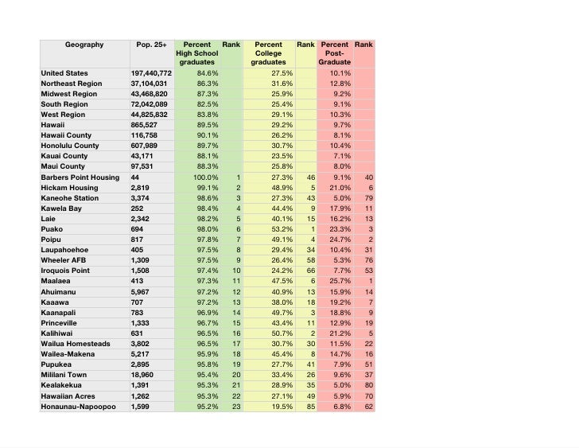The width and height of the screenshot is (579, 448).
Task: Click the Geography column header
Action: tap(85, 45)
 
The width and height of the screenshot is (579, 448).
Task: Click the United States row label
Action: tap(66, 73)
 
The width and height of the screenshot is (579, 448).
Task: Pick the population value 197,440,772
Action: tap(151, 73)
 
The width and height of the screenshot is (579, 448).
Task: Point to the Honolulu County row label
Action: tap(70, 146)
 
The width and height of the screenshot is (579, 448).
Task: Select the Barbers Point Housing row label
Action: tap(80, 177)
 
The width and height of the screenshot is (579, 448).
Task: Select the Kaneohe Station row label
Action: tap(70, 198)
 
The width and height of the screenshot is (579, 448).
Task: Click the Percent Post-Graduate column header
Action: tap(335, 53)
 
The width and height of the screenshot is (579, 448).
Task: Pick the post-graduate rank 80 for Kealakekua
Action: tap(368, 385)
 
